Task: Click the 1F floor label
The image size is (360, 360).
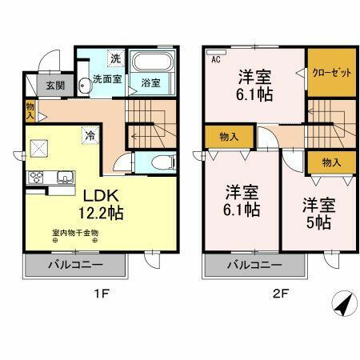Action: tap(102, 293)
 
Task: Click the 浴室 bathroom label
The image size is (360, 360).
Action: tap(151, 82)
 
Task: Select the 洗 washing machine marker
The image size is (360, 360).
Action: tap(115, 58)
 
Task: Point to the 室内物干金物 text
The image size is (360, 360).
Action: tap(74, 234)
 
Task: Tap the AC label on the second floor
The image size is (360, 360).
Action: tap(216, 58)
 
